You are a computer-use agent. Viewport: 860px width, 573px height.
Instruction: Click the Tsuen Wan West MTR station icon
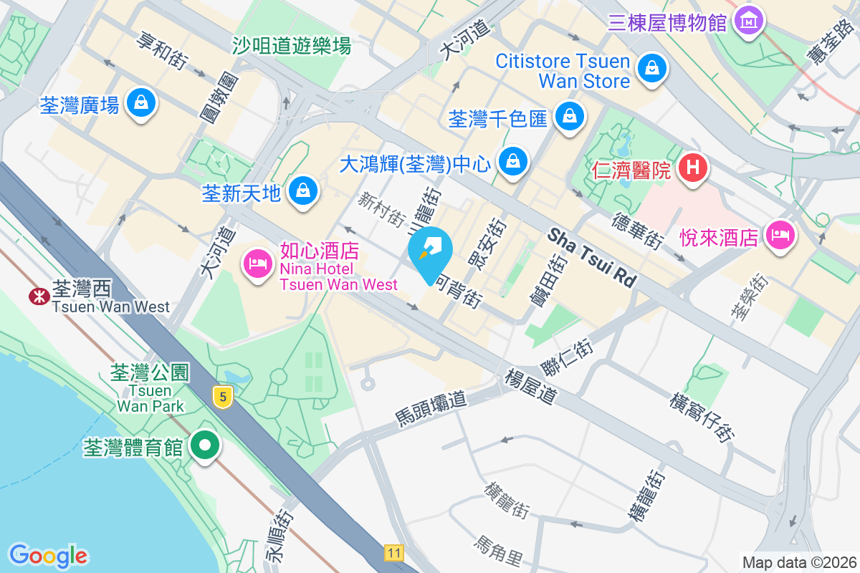click(x=37, y=296)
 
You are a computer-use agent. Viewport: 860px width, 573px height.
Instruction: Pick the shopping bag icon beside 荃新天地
click(x=304, y=191)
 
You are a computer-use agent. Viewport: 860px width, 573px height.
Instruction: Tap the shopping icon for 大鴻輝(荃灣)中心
click(x=513, y=162)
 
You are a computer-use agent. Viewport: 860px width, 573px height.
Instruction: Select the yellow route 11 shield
click(x=393, y=552)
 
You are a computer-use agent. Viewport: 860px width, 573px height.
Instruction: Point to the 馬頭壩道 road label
click(x=430, y=408)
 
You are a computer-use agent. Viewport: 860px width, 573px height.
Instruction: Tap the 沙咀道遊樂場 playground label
click(x=292, y=47)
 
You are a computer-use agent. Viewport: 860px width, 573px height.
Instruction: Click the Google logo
click(x=48, y=555)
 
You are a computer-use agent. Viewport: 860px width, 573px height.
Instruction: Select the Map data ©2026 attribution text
click(x=798, y=562)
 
